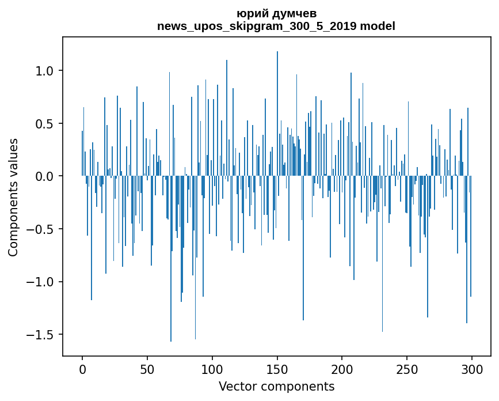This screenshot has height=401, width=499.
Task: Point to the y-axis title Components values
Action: [13, 197]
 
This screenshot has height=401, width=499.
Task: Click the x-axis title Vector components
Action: [276, 386]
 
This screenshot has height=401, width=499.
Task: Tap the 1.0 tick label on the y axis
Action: [44, 71]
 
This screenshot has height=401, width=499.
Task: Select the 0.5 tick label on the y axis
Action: [44, 124]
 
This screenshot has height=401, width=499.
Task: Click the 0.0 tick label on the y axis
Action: [44, 176]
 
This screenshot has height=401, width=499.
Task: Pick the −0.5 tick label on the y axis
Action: [40, 229]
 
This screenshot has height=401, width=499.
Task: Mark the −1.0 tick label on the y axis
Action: [40, 282]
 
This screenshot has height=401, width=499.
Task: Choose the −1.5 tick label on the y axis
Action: [40, 335]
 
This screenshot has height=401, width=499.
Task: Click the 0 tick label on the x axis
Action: [82, 369]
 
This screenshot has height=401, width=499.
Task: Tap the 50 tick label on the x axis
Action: [147, 369]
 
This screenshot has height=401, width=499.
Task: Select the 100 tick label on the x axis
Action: [212, 369]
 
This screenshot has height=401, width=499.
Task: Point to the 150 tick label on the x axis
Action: [277, 369]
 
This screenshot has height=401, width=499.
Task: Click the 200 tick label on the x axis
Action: [342, 369]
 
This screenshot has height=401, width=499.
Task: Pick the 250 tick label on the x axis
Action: [407, 369]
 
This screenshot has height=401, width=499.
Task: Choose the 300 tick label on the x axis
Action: [472, 369]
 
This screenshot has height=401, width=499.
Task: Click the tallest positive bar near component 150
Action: [277, 115]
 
